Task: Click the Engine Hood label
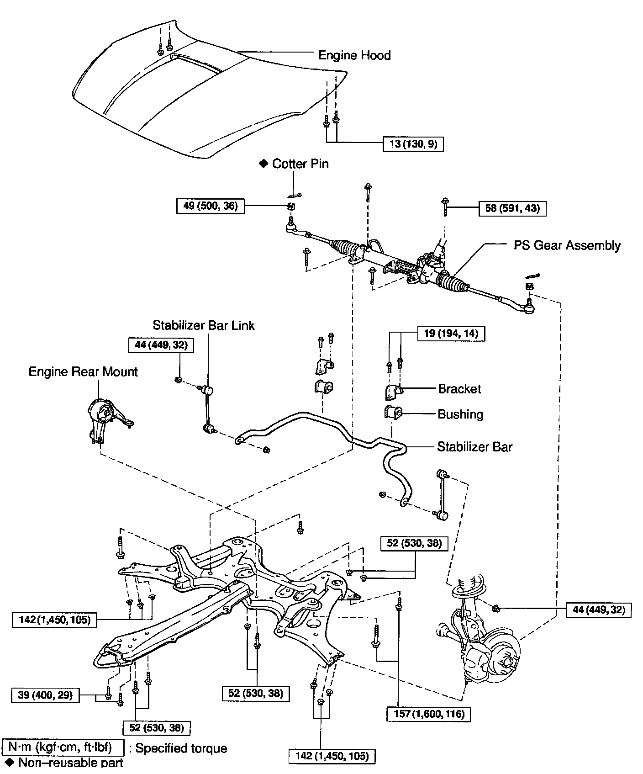point(354,56)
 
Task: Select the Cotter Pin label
point(300,164)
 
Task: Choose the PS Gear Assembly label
point(567,245)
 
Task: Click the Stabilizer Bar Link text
point(203,325)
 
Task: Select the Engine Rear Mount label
point(83,371)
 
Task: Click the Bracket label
point(459,389)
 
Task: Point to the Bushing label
point(460,414)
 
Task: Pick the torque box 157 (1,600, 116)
point(428,714)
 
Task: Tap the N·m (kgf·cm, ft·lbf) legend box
point(63,748)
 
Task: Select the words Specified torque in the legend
point(181,748)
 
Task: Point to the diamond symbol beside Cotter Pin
point(263,164)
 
